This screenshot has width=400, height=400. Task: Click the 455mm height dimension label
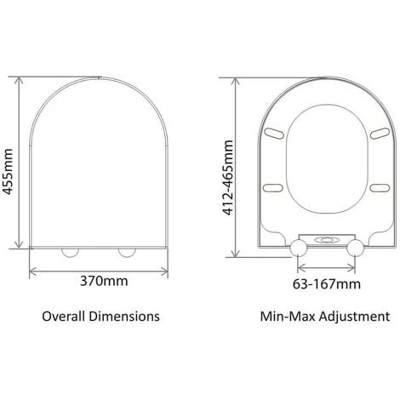coord(7,172)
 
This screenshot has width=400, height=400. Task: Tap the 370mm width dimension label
coord(104,281)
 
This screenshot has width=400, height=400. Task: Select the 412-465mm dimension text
coord(228,178)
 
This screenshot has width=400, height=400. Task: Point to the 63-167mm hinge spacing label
coord(327,284)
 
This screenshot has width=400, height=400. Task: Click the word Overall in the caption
coord(64,316)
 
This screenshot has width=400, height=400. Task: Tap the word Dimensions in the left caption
coord(124,316)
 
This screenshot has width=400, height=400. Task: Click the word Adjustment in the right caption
coord(354,317)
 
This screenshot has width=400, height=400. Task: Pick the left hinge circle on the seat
coord(299,248)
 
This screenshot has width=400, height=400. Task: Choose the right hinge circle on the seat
coord(355,248)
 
